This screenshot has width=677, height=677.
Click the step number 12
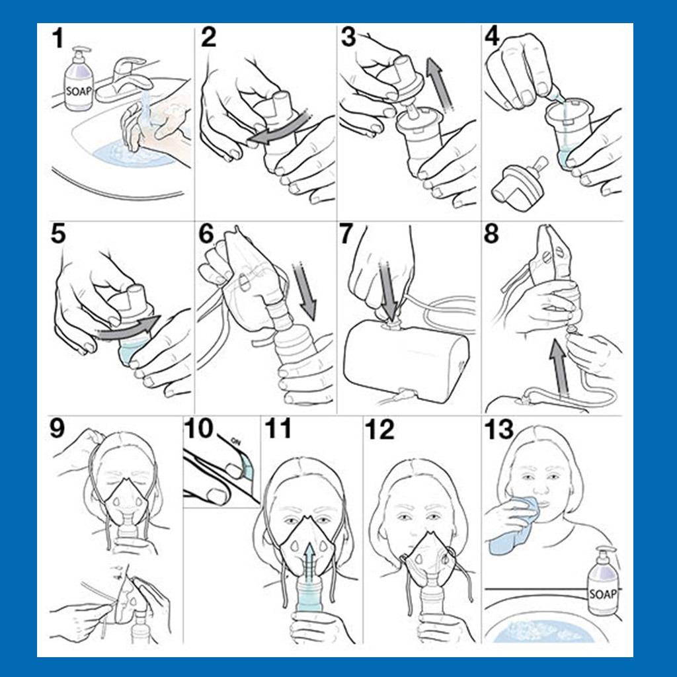[379, 430]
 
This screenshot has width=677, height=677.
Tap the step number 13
[498, 430]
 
